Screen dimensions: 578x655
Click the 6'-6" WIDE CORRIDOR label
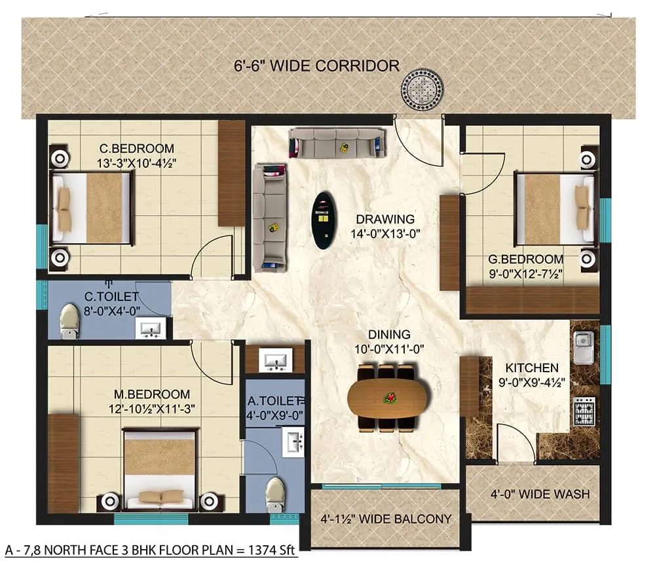316,66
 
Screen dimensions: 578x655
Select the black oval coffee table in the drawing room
322,220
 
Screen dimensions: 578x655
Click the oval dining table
387,398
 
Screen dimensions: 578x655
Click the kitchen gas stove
584,411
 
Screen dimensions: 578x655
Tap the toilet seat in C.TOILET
68,320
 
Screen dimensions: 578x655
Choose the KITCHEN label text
532,368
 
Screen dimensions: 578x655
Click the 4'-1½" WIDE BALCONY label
386,519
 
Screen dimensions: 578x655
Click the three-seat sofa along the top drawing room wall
337,142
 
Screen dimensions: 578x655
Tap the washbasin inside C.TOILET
151,328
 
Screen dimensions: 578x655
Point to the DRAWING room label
385,219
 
